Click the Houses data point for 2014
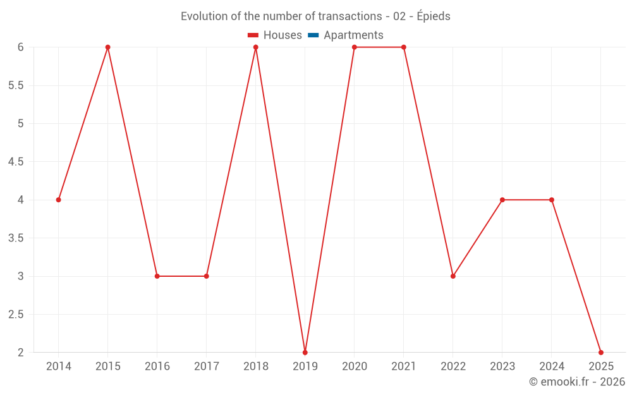click(59, 200)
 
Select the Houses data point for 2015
click(108, 47)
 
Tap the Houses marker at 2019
click(305, 352)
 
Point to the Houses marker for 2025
click(601, 352)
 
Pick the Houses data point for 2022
click(453, 276)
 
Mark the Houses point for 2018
click(256, 47)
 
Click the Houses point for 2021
click(404, 47)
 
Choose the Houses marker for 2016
click(157, 276)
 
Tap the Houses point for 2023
click(502, 200)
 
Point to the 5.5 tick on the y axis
click(16, 85)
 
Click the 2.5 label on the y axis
click(16, 314)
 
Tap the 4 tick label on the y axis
click(20, 200)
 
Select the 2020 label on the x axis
click(355, 367)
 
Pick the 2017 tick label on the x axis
click(207, 367)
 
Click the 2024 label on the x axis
click(552, 367)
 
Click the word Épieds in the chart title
click(434, 16)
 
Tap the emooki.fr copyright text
click(577, 382)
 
